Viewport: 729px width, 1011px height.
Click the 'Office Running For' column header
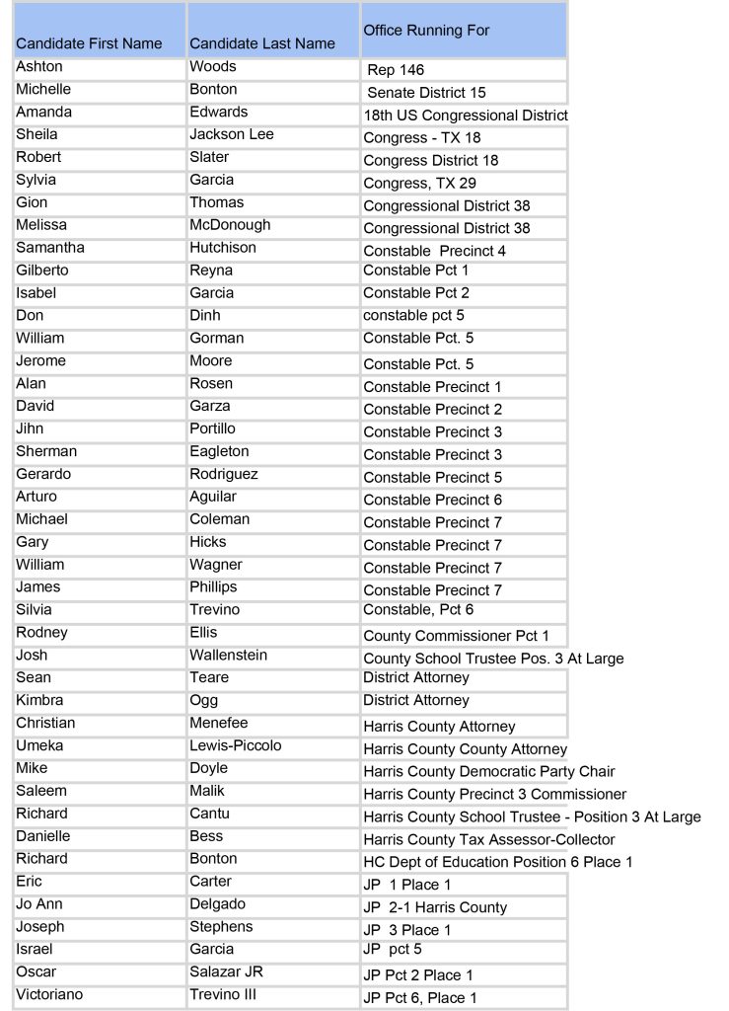(426, 31)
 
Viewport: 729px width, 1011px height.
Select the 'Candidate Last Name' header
(261, 43)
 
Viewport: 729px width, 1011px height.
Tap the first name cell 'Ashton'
(39, 66)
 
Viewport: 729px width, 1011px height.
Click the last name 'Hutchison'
(223, 248)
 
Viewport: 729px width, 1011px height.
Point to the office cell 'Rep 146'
(396, 70)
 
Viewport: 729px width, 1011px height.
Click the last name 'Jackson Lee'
(232, 134)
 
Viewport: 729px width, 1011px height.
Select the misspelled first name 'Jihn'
(30, 429)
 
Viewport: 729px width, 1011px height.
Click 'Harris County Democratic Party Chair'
(488, 772)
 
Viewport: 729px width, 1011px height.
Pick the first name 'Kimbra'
(39, 700)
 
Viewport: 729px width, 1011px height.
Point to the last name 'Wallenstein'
(228, 656)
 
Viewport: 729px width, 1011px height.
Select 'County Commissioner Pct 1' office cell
(456, 636)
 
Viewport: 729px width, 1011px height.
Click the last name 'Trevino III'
(223, 995)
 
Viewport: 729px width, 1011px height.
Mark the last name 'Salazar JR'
(226, 972)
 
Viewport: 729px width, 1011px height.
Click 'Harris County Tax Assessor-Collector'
(488, 840)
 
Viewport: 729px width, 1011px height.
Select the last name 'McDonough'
(230, 225)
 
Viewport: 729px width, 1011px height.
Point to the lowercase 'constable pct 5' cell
(413, 316)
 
